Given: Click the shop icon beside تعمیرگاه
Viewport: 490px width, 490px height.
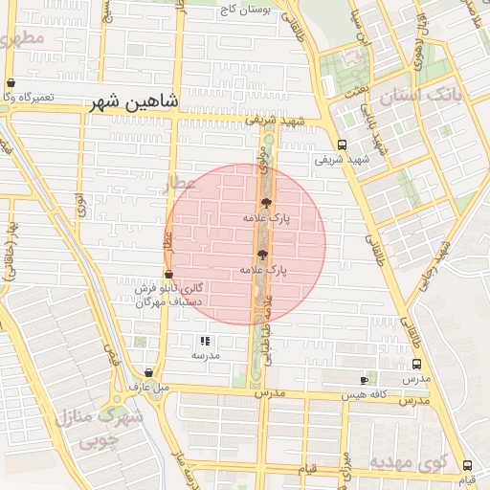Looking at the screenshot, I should coord(11,83).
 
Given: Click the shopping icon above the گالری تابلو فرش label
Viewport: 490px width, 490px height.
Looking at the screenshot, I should coord(169,275).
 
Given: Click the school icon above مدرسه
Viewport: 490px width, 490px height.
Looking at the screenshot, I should coord(204,341).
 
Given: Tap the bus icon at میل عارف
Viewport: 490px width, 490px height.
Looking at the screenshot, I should coord(148,372).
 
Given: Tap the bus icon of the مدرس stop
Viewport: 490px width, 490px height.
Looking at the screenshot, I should coord(416,365).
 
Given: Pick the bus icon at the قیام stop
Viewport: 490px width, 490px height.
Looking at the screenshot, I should coord(467,465).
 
